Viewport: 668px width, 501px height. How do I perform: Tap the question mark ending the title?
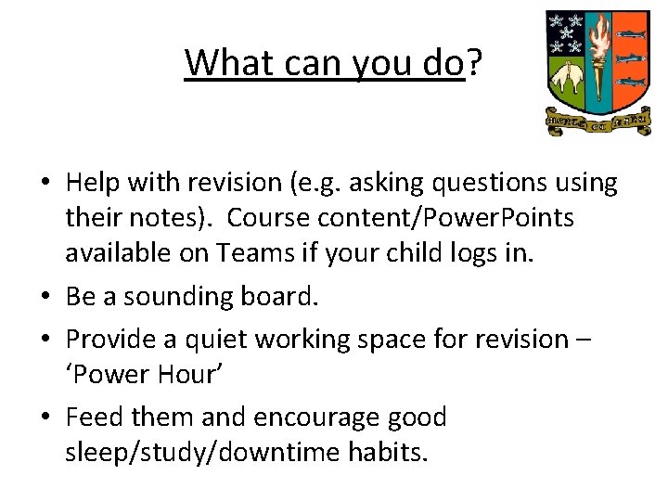point(474,63)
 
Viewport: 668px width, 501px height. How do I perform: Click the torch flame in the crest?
point(597,39)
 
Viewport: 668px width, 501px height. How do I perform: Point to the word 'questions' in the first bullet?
point(486,184)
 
